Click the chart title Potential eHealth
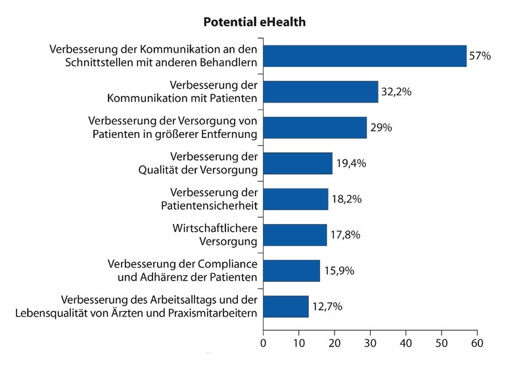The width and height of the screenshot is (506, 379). [254, 22]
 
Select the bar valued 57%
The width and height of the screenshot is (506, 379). [365, 56]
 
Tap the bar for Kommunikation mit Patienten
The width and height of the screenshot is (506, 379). [321, 92]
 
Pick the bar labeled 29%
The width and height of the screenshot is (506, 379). [315, 127]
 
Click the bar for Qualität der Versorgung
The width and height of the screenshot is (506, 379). [298, 164]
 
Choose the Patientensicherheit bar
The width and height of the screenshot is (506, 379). [296, 199]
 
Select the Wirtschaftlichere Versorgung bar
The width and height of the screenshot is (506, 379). [295, 234]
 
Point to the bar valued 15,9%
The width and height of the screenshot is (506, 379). [292, 270]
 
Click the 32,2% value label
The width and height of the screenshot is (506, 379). [396, 93]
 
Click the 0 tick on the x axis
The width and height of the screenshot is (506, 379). [264, 342]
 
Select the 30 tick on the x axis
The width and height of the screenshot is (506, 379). [371, 342]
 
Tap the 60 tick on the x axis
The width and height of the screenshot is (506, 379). [477, 342]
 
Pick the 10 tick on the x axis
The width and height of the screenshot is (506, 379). [299, 342]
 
